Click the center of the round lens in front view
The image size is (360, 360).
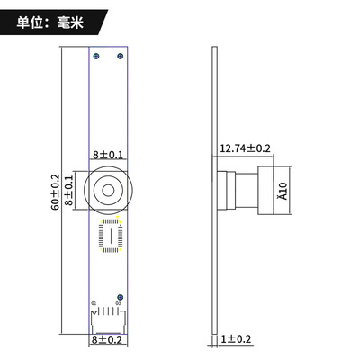pyautogui.click(x=106, y=191)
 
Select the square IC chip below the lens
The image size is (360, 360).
pyautogui.click(x=112, y=236)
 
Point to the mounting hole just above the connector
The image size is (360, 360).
pyautogui.click(x=118, y=294)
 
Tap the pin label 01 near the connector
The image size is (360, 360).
pyautogui.click(x=94, y=303)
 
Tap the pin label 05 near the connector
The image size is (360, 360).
pyautogui.click(x=118, y=303)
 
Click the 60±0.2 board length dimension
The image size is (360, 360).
pyautogui.click(x=55, y=193)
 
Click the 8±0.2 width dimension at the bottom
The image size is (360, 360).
pyautogui.click(x=106, y=339)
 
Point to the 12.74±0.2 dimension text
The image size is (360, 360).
pyautogui.click(x=245, y=148)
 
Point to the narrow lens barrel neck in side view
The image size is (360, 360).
pyautogui.click(x=243, y=192)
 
